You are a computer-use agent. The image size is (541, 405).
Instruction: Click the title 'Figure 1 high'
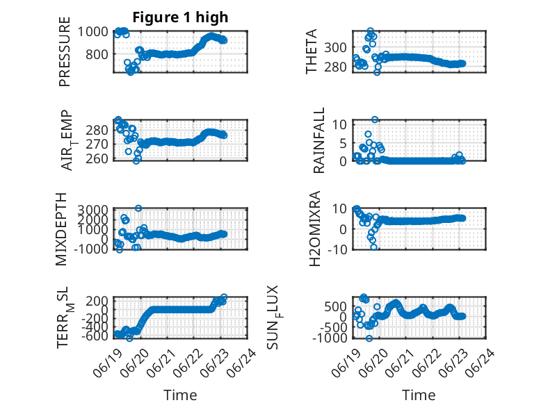pos(180,17)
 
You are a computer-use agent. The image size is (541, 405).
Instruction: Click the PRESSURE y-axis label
pos(65,51)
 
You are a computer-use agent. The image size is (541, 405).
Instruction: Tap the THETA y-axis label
pos(312,51)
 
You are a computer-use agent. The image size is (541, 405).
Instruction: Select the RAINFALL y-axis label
pos(318,140)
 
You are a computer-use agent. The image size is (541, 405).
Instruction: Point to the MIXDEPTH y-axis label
pos(60,229)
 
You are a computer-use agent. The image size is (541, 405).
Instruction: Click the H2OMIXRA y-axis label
pos(315,229)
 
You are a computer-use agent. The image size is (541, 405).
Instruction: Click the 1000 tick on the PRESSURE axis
pos(92,32)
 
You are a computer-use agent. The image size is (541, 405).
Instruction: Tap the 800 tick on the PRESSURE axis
pos(96,54)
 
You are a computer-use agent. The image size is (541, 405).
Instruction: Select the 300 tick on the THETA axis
pos(335,47)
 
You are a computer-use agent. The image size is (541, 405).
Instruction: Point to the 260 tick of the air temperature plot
pos(97,158)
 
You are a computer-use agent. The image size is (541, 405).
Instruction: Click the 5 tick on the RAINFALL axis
pos(343,142)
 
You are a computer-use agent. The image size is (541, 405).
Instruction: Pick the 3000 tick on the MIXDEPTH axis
pos(92,209)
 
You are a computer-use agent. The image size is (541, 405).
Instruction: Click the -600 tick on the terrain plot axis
pos(95,336)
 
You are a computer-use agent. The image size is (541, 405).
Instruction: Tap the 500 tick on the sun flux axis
pos(335,306)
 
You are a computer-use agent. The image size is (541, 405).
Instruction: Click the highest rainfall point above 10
pos(375,119)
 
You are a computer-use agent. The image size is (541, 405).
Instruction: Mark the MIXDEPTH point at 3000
pos(138,208)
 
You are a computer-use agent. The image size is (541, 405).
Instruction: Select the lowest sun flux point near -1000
pos(369,338)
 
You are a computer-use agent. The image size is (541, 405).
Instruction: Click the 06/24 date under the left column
pos(241,363)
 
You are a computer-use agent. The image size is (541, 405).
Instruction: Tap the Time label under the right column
pos(419,395)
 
